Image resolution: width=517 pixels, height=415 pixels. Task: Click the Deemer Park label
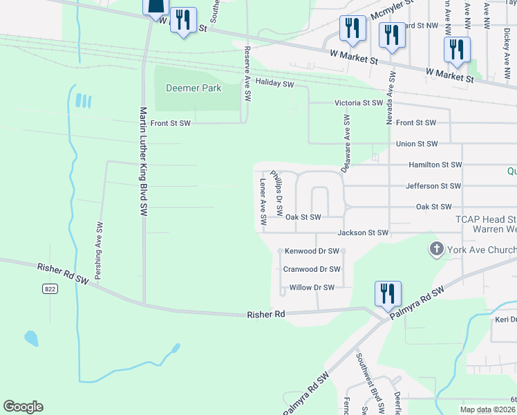point(193,88)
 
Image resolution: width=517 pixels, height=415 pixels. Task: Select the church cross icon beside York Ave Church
point(436,249)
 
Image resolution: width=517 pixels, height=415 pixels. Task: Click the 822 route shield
point(49,288)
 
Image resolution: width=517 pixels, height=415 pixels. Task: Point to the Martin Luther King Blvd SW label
point(144,163)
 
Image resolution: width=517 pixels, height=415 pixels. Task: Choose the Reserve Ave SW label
point(247,73)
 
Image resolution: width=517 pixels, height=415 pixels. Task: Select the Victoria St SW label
point(358,102)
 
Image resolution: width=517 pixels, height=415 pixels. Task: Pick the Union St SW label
point(417,144)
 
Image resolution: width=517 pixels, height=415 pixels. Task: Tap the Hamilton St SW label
point(435,165)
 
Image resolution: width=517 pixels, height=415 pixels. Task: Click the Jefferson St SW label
point(433,186)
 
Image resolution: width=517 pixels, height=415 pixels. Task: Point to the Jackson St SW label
point(363,233)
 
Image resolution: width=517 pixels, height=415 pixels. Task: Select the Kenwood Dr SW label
point(311,250)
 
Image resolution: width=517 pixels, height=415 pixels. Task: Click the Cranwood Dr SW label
point(312,269)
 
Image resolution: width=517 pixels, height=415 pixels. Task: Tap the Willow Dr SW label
point(312,287)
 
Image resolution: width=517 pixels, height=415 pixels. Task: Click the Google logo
point(23,407)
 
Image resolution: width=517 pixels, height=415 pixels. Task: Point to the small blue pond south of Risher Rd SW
point(31,338)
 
